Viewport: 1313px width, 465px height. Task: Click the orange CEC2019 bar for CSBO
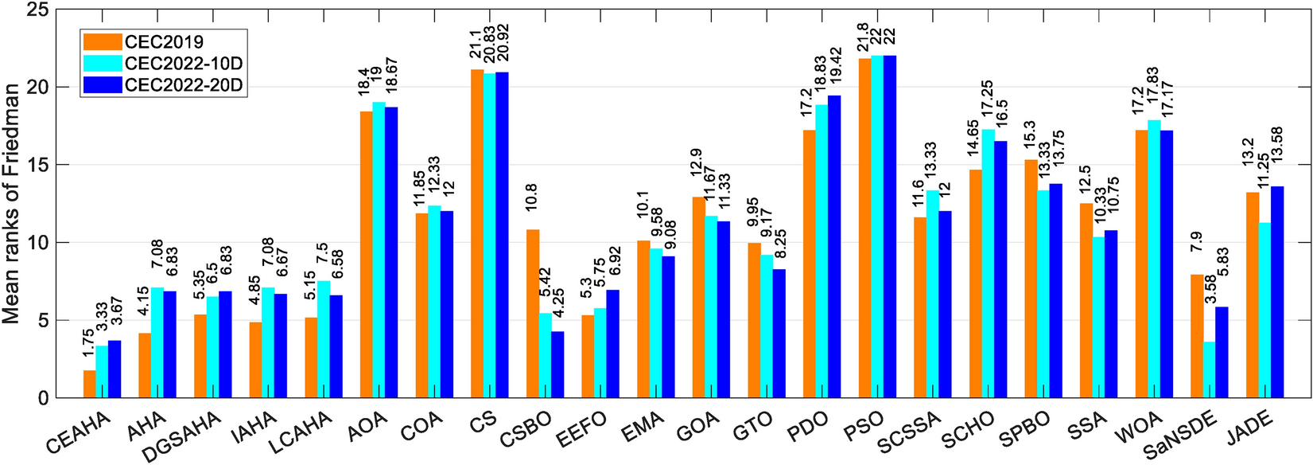pyautogui.click(x=533, y=314)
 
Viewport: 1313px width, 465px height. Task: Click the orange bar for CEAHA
pyautogui.click(x=90, y=384)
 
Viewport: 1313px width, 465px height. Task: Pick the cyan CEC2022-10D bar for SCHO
pyautogui.click(x=988, y=264)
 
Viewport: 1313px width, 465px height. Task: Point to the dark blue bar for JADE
pyautogui.click(x=1277, y=292)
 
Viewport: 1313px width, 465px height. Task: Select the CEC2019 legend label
pyautogui.click(x=164, y=41)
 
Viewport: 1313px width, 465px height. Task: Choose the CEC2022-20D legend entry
pyautogui.click(x=184, y=85)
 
